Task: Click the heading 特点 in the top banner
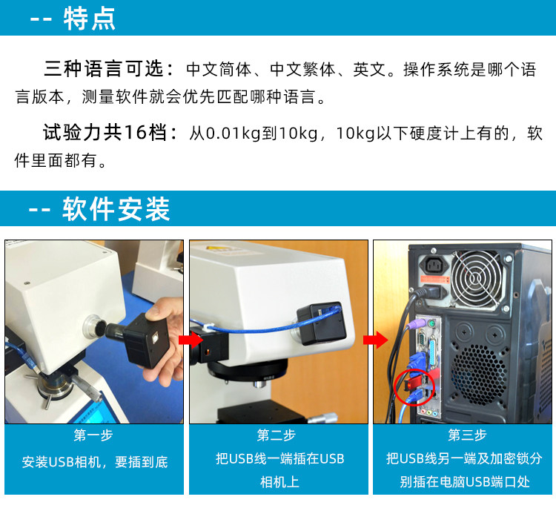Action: tap(90, 19)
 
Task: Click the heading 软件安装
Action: tap(116, 209)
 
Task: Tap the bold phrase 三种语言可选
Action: tap(104, 69)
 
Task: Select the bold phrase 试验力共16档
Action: tap(105, 133)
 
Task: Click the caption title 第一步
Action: tap(93, 435)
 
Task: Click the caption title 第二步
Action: tap(277, 435)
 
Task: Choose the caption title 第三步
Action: tap(467, 435)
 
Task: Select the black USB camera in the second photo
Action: tap(322, 323)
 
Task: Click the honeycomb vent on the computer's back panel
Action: tap(479, 375)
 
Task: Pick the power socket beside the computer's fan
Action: tap(433, 265)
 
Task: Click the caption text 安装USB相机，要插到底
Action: tap(95, 461)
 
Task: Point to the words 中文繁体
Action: tap(302, 69)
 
